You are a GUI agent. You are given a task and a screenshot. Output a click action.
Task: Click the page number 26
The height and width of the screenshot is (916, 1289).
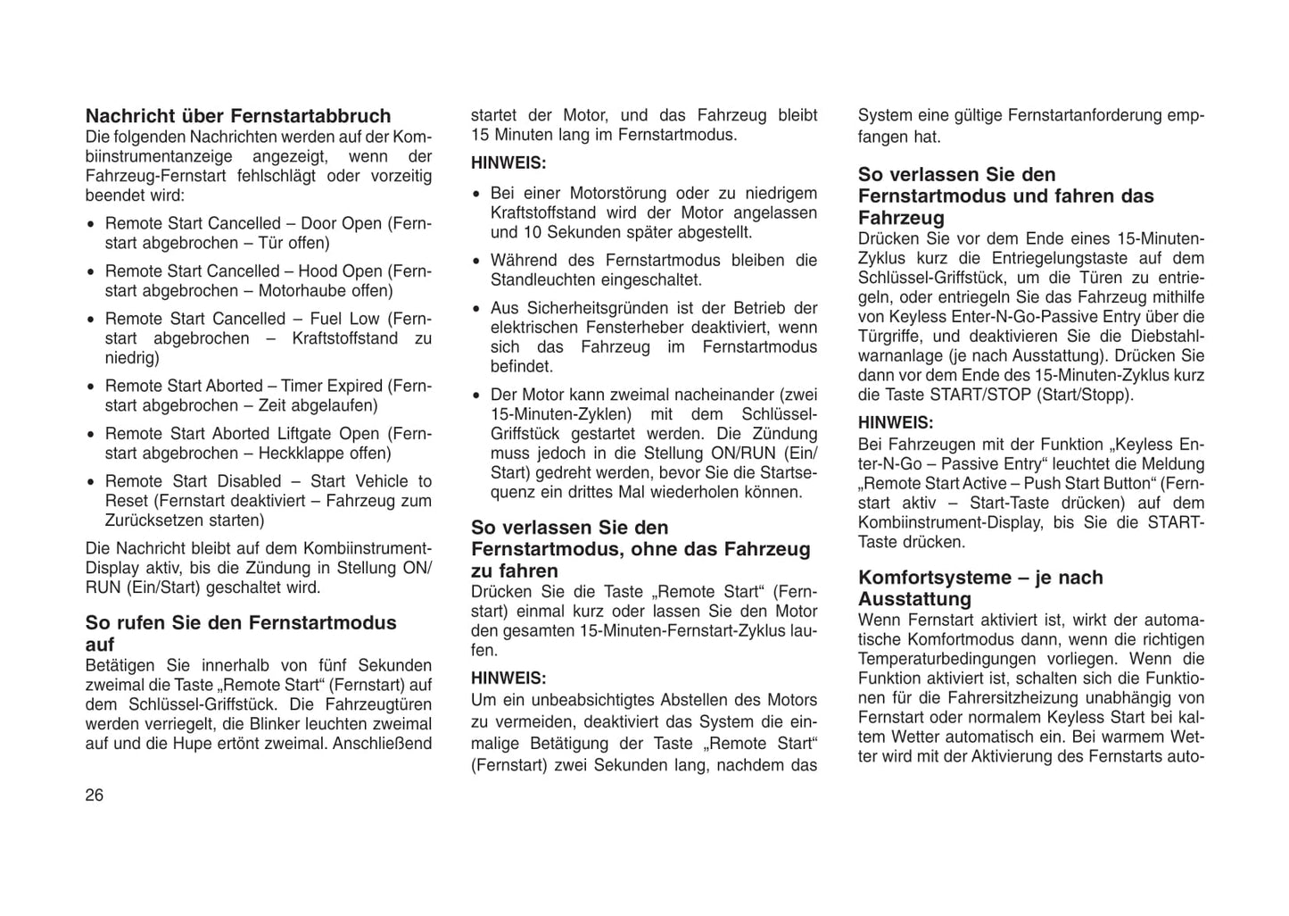click(95, 795)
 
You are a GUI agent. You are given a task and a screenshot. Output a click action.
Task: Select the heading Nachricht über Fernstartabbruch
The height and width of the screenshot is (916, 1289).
click(238, 116)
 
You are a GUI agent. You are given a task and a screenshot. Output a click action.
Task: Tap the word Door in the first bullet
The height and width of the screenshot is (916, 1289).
click(318, 223)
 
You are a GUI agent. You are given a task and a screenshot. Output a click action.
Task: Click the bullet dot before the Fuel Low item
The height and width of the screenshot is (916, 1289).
click(91, 320)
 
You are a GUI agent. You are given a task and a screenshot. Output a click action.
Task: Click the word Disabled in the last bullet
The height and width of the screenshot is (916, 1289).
click(249, 481)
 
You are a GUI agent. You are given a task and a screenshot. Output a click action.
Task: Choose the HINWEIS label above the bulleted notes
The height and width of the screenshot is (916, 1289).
click(508, 163)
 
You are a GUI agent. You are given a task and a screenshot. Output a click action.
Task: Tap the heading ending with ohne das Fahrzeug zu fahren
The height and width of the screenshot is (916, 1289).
click(640, 549)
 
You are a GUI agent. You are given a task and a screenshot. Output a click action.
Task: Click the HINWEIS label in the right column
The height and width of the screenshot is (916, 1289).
click(896, 422)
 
